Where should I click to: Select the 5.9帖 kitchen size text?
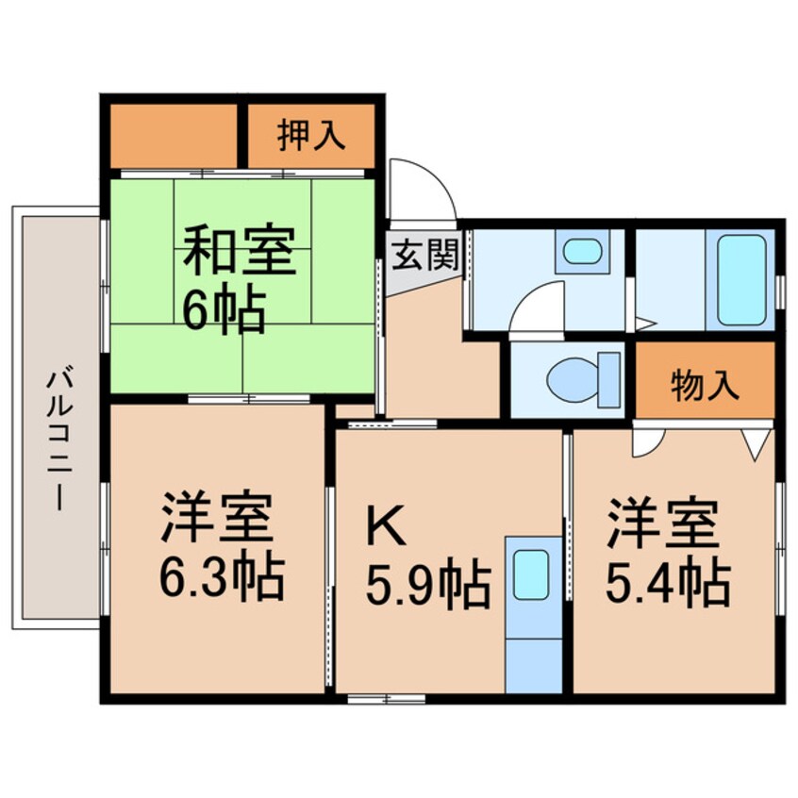click(427, 586)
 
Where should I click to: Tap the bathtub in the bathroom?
click(741, 280)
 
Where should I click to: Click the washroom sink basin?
click(582, 252)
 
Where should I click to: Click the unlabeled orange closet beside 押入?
click(174, 136)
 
